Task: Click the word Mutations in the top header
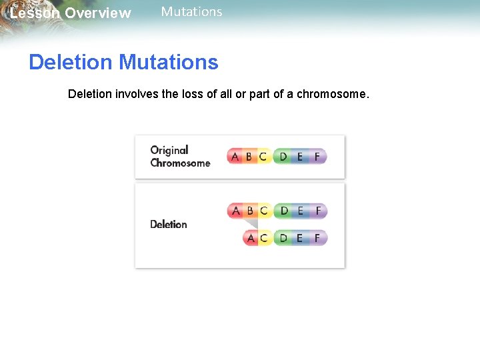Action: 191,12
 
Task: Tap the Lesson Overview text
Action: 71,13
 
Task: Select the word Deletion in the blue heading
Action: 71,62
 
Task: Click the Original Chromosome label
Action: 179,157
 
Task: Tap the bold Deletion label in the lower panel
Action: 168,224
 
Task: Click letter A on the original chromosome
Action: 235,157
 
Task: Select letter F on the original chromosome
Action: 317,157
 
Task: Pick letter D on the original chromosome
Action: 283,157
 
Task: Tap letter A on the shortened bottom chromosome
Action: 251,237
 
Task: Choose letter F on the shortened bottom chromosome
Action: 317,237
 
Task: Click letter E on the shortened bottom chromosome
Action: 300,237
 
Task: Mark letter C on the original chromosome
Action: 263,157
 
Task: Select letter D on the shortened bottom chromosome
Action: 284,237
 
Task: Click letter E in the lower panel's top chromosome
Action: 300,211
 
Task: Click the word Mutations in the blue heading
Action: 168,62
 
